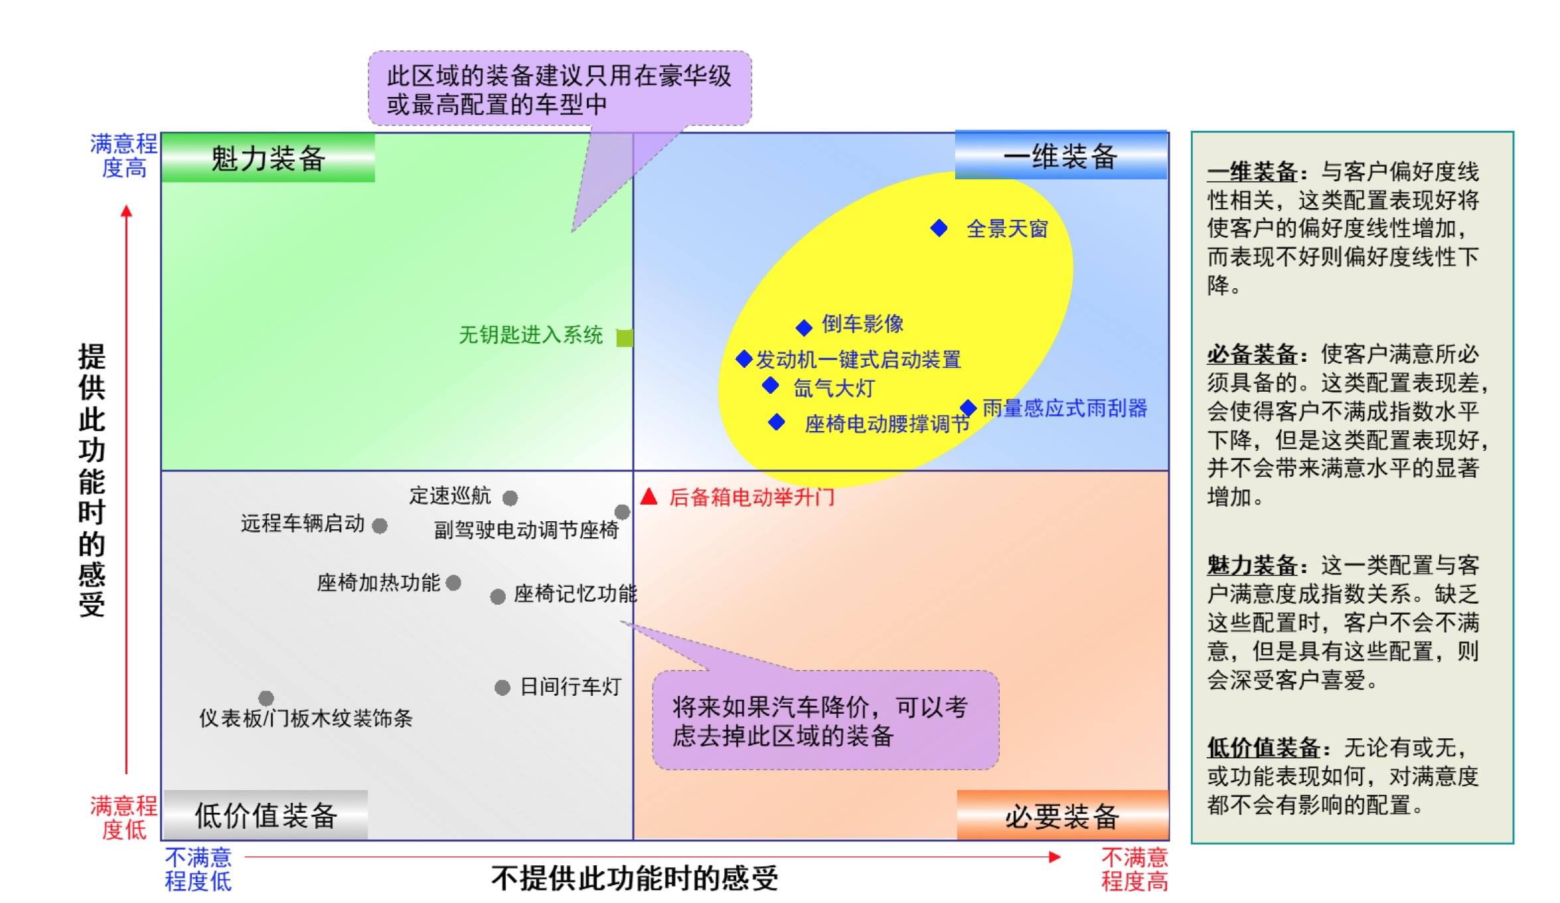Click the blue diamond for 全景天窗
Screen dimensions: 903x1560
[939, 228]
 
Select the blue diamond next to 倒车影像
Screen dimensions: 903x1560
[804, 327]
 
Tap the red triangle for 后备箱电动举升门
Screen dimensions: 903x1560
[649, 497]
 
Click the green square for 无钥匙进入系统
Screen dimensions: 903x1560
[624, 338]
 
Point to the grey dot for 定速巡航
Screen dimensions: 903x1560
[510, 498]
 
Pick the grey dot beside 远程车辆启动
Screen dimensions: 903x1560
[380, 526]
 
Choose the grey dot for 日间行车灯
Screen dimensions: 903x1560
[503, 688]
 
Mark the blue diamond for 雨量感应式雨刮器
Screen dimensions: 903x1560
[968, 408]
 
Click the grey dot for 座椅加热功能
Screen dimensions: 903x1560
[453, 583]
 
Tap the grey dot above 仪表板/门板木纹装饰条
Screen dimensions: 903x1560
[266, 698]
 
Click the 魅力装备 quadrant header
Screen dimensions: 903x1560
[268, 158]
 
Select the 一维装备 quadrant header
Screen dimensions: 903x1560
[1061, 156]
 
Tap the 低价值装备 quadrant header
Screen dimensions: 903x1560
[266, 815]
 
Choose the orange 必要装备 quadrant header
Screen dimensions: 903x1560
[1062, 816]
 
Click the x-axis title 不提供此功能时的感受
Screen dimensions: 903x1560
[635, 878]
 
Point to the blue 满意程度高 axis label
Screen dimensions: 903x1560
[124, 155]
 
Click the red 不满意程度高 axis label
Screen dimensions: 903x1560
[1134, 869]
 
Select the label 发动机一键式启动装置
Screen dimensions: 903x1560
[858, 360]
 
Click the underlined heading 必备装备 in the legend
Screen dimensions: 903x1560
[1252, 355]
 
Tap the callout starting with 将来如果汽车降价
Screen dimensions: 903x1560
[825, 721]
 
